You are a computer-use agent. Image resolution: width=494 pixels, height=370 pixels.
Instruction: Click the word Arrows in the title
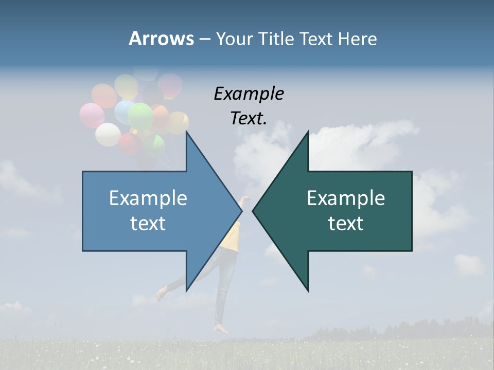click(x=161, y=39)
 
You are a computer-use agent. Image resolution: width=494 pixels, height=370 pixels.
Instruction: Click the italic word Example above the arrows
click(x=249, y=94)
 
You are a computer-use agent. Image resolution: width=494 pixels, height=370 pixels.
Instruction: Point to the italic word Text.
click(x=249, y=118)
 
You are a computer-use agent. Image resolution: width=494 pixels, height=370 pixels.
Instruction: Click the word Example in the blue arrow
click(x=148, y=198)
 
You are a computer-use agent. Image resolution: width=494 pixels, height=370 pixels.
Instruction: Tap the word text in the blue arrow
click(x=148, y=224)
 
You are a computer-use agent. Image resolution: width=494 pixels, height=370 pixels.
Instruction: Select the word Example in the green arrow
click(x=346, y=198)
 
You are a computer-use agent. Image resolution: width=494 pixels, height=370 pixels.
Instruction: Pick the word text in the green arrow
click(x=346, y=224)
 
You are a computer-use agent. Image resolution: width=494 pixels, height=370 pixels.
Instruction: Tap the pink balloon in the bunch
click(x=92, y=115)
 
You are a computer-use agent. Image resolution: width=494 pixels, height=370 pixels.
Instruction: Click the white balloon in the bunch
click(x=108, y=134)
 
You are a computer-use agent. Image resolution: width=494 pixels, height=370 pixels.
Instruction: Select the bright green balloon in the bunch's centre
click(x=140, y=116)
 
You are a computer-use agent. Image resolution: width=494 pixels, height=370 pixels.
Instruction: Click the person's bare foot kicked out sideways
click(x=162, y=293)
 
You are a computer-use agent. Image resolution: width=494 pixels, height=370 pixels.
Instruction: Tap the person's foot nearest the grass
click(x=222, y=328)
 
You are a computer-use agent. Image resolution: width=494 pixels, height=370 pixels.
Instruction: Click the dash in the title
click(x=204, y=39)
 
